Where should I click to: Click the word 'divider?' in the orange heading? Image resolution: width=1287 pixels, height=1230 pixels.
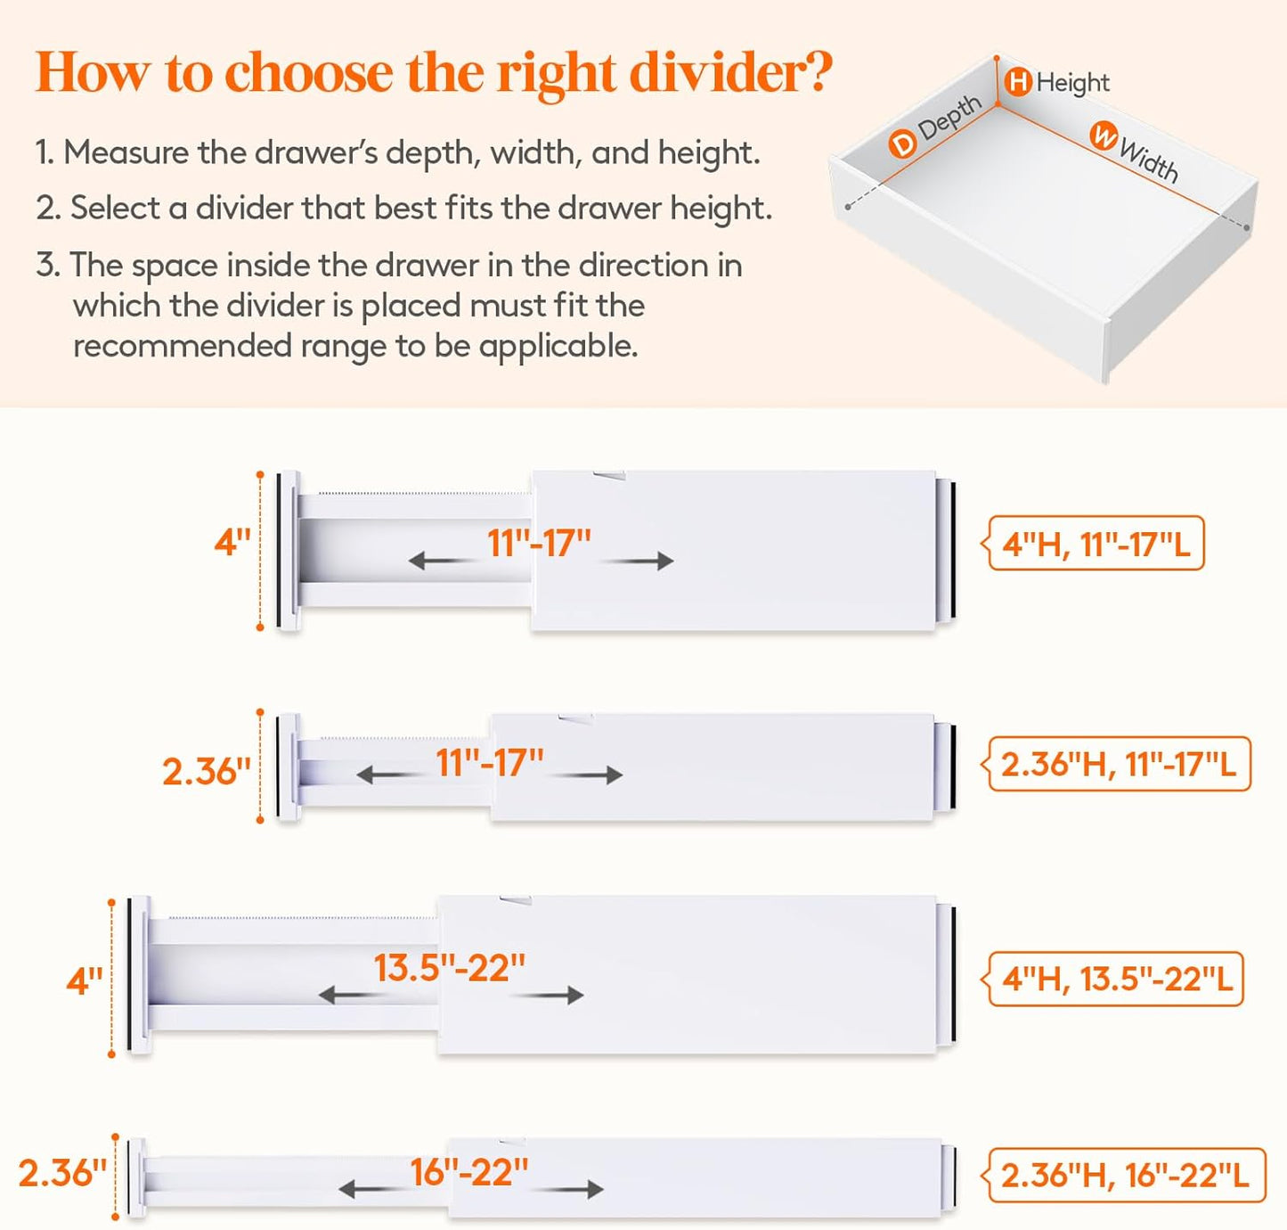click(x=730, y=72)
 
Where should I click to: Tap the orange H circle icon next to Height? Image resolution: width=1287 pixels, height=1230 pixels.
click(x=1018, y=82)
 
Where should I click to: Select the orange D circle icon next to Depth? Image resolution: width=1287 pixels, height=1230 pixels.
click(x=902, y=143)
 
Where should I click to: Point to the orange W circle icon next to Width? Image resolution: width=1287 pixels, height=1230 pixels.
click(x=1104, y=136)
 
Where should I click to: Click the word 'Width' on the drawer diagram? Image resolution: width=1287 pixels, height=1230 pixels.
click(x=1149, y=160)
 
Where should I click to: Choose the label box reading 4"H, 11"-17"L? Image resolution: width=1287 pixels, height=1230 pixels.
click(x=1096, y=543)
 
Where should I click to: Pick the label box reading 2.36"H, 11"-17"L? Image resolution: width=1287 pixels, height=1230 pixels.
click(x=1119, y=764)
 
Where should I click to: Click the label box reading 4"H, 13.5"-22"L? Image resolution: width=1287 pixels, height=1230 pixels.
click(x=1116, y=979)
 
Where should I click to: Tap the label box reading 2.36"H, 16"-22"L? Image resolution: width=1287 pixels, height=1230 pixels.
click(x=1126, y=1175)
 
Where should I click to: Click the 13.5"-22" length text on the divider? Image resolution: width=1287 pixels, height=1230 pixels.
click(x=449, y=968)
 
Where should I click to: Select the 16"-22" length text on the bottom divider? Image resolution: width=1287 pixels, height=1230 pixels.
click(x=468, y=1172)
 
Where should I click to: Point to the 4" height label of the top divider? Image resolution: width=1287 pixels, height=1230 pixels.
click(x=232, y=542)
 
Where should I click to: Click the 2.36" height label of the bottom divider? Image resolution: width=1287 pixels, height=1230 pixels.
click(x=62, y=1173)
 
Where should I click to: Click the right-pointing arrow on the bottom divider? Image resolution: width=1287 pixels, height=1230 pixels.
click(x=574, y=1189)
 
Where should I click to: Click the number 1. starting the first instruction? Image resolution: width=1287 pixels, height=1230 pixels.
click(x=45, y=152)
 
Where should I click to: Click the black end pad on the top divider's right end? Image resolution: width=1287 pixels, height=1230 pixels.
click(x=952, y=549)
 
